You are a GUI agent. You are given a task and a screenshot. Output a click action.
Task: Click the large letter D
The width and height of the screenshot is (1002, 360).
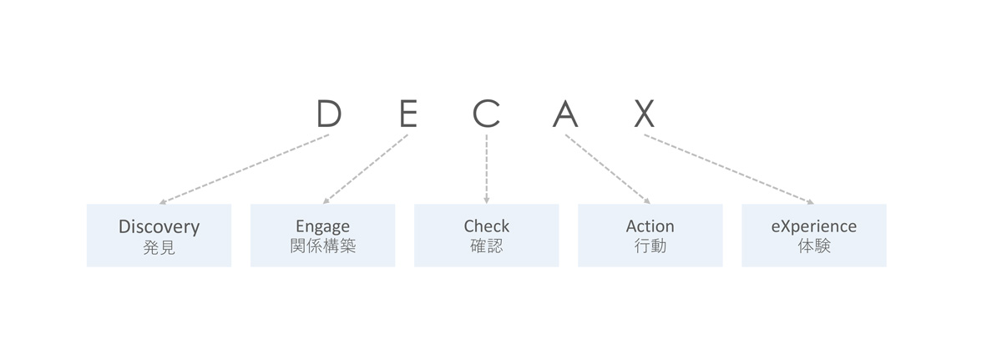329,113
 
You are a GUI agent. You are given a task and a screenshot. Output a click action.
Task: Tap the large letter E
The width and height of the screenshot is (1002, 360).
408,113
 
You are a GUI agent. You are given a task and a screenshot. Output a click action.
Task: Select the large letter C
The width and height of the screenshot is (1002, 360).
486,113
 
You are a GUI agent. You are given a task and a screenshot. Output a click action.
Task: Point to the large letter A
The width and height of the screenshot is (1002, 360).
565,113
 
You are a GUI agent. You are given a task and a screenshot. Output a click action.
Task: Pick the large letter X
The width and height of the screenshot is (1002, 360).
645,113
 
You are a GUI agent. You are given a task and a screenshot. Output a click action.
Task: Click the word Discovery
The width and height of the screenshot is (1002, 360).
159,226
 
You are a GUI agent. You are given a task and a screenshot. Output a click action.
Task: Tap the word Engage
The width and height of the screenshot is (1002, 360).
322,226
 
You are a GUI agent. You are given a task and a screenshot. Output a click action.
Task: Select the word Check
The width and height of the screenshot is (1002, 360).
486,226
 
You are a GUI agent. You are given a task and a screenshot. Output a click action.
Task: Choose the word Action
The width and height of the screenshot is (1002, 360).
650,226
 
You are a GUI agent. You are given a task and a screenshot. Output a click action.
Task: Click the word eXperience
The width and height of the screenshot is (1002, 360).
813,226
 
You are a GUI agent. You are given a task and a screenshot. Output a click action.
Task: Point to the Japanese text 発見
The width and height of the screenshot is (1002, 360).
159,247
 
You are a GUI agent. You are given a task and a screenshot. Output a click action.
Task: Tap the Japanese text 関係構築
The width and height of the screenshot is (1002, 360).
322,246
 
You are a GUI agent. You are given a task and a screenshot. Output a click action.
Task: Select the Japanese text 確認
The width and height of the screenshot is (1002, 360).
486,246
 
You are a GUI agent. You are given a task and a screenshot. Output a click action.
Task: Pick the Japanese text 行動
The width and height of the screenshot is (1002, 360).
650,246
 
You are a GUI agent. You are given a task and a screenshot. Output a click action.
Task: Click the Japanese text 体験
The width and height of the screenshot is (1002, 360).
813,246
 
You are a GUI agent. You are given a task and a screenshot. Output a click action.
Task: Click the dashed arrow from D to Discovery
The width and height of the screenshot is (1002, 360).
244,169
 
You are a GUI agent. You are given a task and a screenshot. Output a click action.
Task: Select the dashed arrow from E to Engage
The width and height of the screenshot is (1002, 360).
366,169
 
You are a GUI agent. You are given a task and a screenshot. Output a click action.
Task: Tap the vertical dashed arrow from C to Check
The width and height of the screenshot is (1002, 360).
486,169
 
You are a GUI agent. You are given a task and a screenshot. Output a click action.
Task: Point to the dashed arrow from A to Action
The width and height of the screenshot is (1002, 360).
608,169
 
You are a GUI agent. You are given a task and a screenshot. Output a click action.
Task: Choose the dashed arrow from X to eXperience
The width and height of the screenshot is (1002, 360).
729,169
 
